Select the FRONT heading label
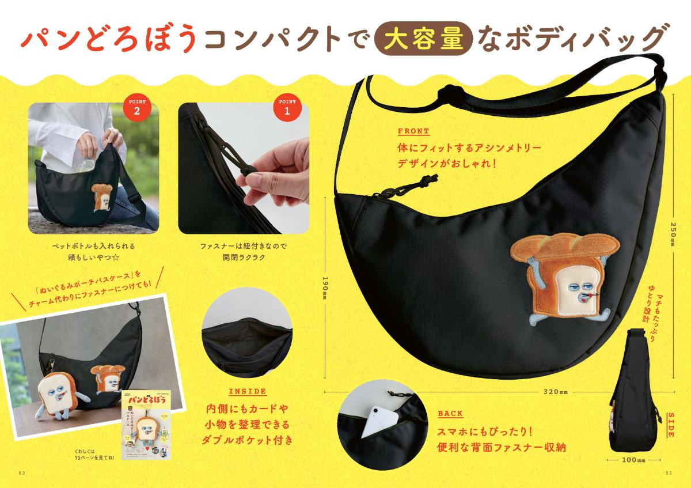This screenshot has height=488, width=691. [x=413, y=131]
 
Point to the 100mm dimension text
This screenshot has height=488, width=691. [x=633, y=460]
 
